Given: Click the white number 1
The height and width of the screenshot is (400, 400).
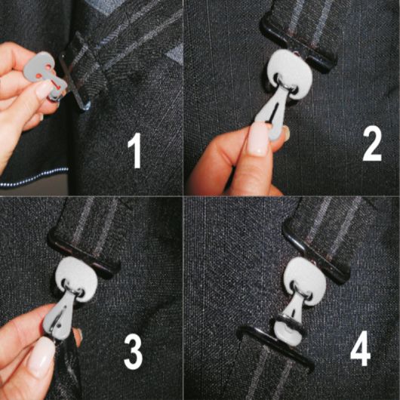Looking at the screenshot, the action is click(135, 150).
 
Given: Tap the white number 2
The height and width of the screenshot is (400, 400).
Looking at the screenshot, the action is click(372, 143).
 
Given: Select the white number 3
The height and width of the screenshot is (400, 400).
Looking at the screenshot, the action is click(133, 352).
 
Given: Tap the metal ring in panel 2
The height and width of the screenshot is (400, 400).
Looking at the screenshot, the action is click(287, 86).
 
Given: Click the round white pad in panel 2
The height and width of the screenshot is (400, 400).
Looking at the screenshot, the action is click(290, 72).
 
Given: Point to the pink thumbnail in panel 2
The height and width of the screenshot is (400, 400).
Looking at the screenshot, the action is click(257, 138).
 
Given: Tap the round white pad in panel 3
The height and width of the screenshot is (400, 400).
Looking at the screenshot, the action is click(77, 278).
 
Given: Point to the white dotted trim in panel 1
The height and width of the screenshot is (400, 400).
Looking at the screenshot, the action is click(34, 177).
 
